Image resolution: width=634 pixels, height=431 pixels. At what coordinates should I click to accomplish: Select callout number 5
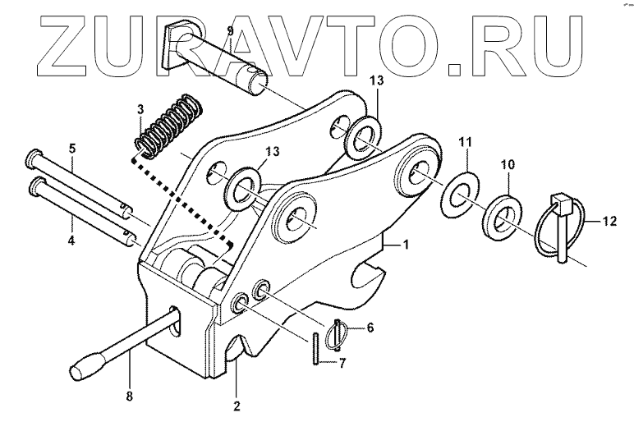[x=72, y=149]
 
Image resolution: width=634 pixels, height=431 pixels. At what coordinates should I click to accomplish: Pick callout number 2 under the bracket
[x=237, y=404]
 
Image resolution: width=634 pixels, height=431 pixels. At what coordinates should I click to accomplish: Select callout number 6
[x=370, y=328]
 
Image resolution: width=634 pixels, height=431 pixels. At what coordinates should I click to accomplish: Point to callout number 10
[x=507, y=165]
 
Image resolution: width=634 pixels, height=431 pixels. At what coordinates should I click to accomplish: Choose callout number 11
[x=465, y=143]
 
